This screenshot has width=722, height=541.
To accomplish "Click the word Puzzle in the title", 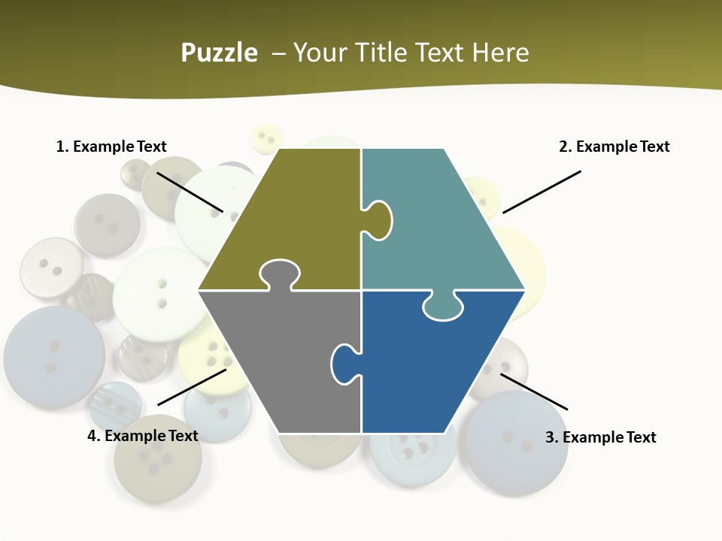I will click(x=219, y=53).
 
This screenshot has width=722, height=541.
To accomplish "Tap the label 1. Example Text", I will click(x=111, y=147).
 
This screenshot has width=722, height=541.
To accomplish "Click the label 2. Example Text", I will click(x=614, y=147).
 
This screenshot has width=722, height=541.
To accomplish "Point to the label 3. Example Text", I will click(x=600, y=437).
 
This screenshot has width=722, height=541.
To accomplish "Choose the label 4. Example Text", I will click(x=143, y=436).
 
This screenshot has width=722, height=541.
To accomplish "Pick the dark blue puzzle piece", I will click(x=429, y=368).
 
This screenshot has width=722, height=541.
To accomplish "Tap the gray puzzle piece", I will click(x=278, y=361).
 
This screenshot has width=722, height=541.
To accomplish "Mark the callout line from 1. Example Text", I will click(x=190, y=191).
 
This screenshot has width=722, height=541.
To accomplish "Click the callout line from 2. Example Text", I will click(x=541, y=192).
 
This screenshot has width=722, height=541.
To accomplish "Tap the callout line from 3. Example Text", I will click(x=534, y=391).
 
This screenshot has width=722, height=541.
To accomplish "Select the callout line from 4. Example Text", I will click(x=192, y=387).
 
